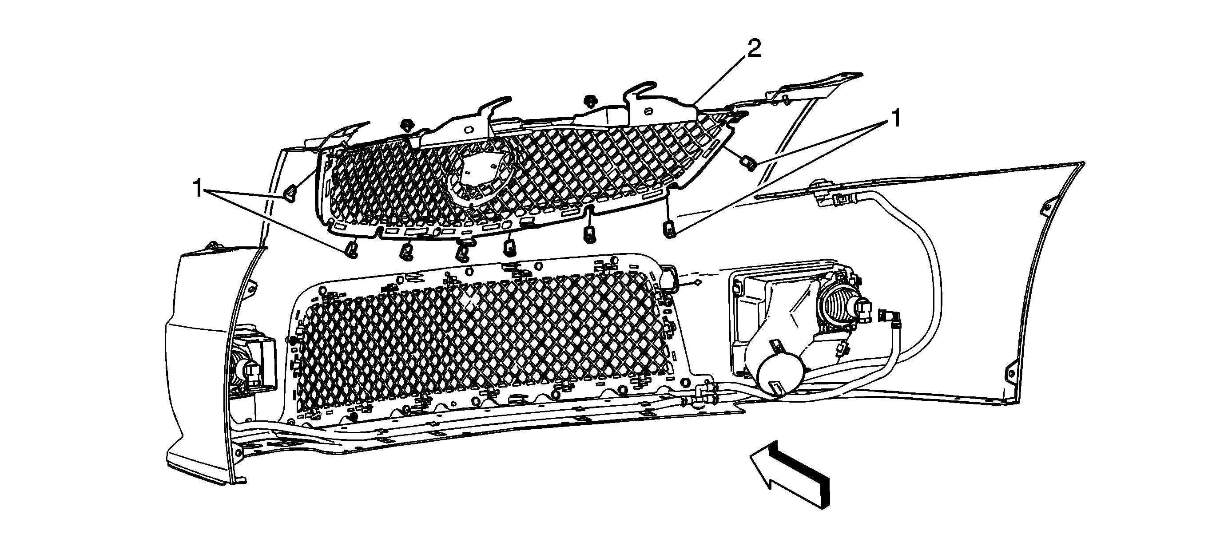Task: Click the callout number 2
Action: [754, 48]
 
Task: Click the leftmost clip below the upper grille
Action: [351, 249]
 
